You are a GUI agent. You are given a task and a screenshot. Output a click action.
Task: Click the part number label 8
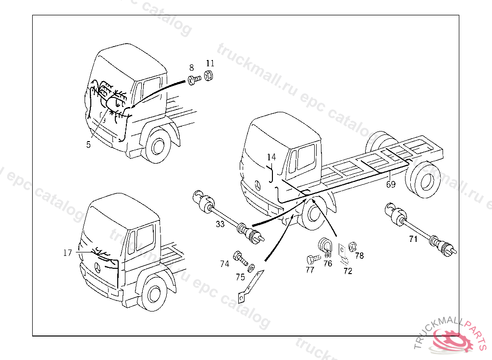point(191,68)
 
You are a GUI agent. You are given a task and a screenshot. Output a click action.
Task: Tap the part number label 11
point(210,63)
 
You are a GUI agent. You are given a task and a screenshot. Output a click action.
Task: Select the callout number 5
point(88,144)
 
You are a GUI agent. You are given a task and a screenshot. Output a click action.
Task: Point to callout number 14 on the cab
point(272,157)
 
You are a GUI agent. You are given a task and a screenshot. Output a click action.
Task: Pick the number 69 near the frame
point(391,184)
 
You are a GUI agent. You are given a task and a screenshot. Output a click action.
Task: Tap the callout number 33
point(220,224)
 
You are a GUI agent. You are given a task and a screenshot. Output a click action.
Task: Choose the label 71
point(413,239)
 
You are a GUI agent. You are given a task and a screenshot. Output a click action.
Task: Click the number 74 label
point(225,264)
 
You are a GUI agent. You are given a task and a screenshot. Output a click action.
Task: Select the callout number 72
point(347,271)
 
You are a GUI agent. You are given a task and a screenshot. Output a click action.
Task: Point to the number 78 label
point(359,255)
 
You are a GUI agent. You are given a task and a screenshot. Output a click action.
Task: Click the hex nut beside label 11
point(209,76)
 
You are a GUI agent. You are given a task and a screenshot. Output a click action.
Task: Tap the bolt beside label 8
point(194,80)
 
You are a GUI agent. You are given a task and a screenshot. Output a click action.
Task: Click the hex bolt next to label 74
point(239,258)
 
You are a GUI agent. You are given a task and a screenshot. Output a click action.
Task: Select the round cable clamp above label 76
point(325,244)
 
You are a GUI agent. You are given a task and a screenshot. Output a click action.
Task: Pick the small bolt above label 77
point(312,259)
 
